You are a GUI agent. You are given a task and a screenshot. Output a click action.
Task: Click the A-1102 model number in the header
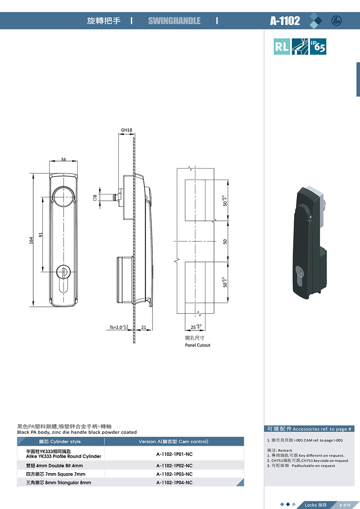[x=285, y=21]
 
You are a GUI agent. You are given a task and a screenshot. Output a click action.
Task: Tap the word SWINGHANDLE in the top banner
[x=174, y=21]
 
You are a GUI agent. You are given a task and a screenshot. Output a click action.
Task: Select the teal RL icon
[x=282, y=47]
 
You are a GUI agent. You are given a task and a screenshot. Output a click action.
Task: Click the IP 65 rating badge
[x=318, y=47]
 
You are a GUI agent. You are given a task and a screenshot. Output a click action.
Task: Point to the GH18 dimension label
[x=126, y=130]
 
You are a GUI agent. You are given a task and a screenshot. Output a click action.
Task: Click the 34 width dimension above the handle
[x=63, y=160]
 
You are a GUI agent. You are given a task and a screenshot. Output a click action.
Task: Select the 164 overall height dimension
[x=31, y=241]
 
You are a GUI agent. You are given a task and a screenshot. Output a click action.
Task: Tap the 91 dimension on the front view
[x=41, y=235]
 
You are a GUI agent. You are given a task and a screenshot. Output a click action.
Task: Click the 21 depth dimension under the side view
[x=143, y=328]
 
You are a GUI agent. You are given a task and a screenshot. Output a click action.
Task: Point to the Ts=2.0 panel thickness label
[x=119, y=327]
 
